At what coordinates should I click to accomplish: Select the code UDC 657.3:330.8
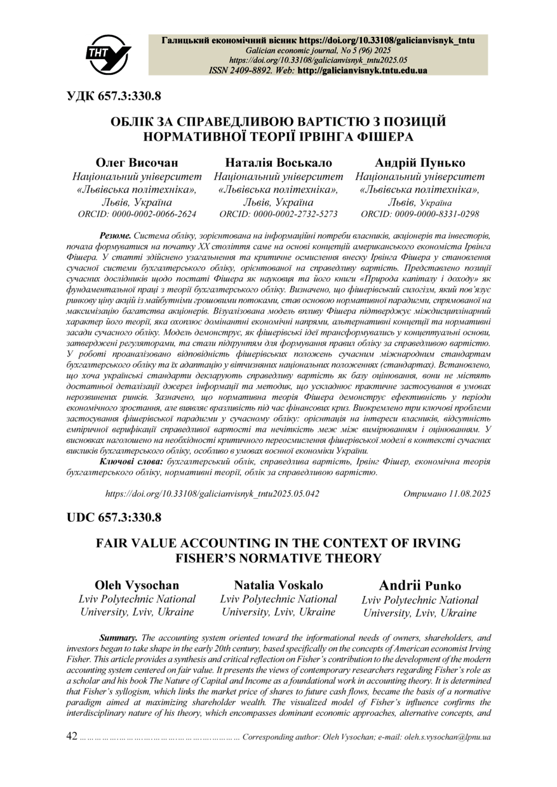[x=114, y=517]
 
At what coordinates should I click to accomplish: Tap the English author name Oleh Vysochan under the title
[x=137, y=585]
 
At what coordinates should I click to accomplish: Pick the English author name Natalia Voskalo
[x=278, y=585]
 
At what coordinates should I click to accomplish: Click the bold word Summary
[x=118, y=637]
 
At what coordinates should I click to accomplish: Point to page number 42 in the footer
[x=72, y=736]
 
